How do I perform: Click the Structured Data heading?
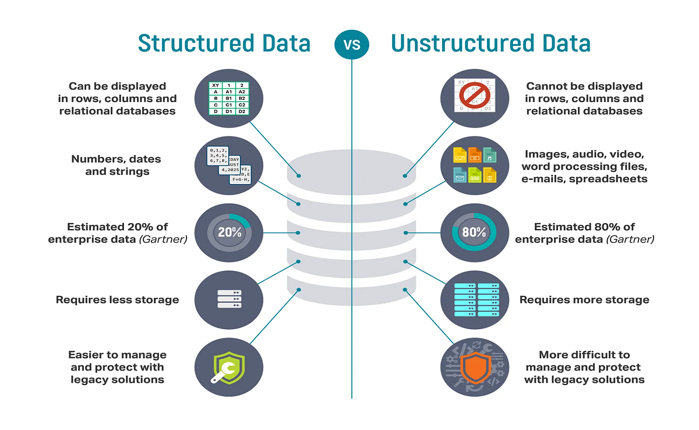coord(224,44)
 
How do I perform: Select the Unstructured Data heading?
coord(490,44)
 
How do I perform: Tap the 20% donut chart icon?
coord(230,232)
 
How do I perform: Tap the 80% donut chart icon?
coord(474,232)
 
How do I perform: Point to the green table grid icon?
coord(229,98)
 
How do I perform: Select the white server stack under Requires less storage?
coord(229,299)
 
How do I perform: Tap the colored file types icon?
coord(475,165)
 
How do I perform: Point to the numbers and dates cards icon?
coord(229,165)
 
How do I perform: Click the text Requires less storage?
coord(117,300)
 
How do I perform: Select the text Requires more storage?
coord(584,300)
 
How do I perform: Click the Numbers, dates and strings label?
coord(116,165)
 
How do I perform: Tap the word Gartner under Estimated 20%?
coord(167,239)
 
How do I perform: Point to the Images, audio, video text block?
coord(584,166)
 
